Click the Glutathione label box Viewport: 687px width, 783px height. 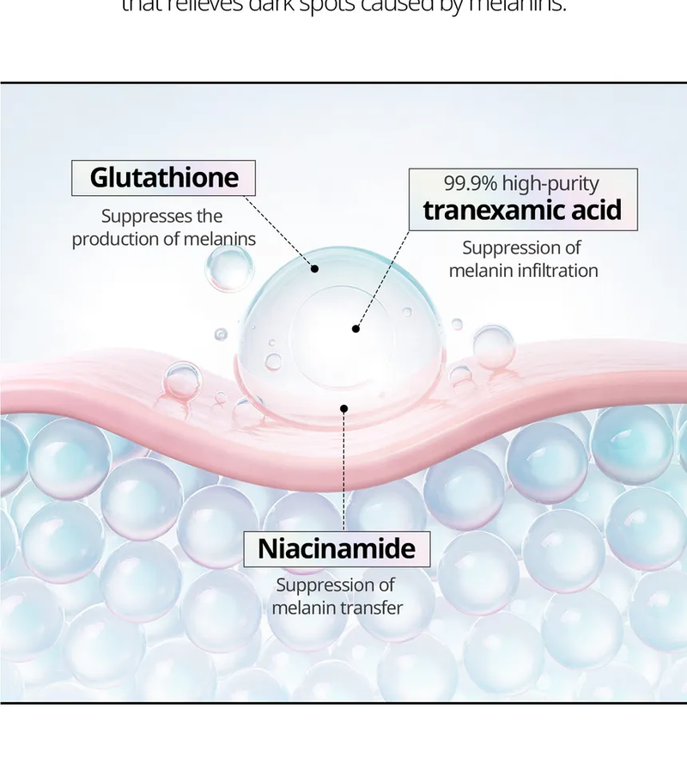[163, 178]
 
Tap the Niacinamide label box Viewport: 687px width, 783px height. [336, 548]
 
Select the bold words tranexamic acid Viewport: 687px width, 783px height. [522, 211]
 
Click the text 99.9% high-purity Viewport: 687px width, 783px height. [521, 183]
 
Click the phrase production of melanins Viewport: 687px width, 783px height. [163, 239]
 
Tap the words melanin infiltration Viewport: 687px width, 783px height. [523, 271]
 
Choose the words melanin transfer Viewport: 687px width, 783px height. [337, 609]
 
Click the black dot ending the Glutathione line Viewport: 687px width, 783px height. [315, 269]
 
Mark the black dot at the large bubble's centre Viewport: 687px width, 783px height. [356, 328]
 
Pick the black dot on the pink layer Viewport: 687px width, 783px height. [343, 408]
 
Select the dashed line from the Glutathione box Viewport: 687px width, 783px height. [279, 231]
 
